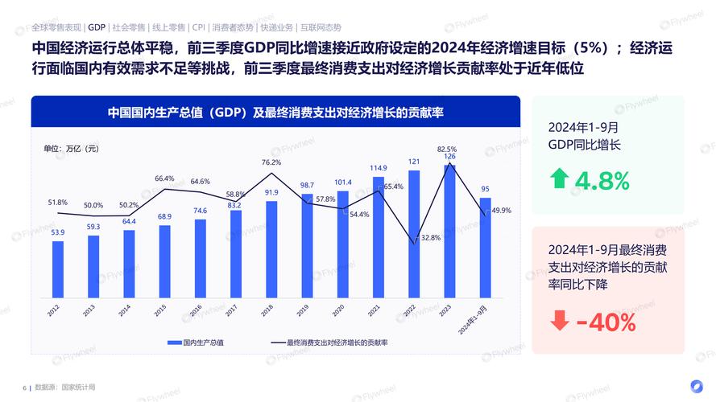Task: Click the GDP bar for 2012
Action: point(58,269)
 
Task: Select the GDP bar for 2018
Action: point(271,249)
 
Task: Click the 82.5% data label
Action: point(447,149)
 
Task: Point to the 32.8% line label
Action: point(430,238)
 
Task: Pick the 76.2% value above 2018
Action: point(271,162)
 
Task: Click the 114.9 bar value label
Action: point(379,168)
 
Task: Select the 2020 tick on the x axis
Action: point(338,309)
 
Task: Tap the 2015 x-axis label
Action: point(160,309)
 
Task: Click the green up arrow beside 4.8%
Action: point(559,178)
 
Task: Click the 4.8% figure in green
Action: point(602,180)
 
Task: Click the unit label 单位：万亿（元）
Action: point(71,148)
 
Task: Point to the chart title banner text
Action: point(275,113)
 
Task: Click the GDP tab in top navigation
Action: point(97,26)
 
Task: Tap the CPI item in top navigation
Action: point(198,26)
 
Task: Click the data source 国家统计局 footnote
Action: point(77,387)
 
